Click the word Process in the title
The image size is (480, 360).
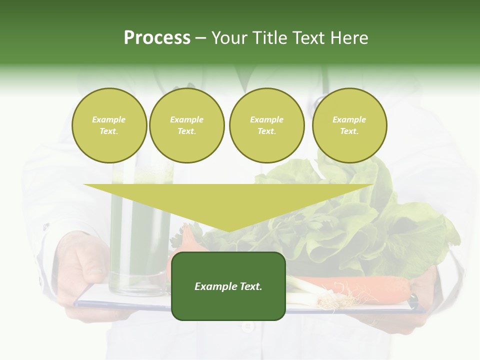click(x=157, y=38)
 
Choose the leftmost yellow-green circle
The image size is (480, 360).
click(x=109, y=125)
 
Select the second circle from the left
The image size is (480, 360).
click(x=186, y=125)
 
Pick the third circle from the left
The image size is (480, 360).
click(x=266, y=125)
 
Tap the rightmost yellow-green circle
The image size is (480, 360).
click(x=349, y=125)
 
